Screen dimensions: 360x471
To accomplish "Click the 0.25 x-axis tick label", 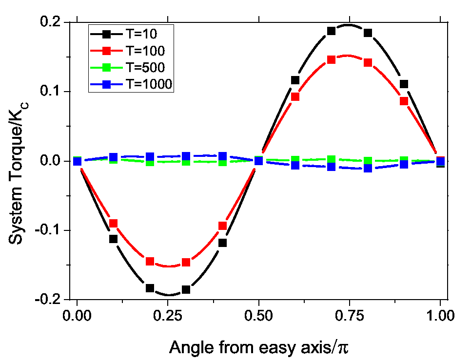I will (168, 315).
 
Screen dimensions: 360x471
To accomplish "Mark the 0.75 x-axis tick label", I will (350, 315).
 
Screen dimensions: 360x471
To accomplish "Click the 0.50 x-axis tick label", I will (259, 315).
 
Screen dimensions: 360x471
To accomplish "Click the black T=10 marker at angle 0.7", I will (332, 31).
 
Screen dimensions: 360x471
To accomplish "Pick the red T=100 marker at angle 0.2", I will (150, 262).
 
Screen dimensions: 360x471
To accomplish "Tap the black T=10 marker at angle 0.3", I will (186, 290).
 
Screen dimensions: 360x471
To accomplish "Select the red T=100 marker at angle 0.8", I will (368, 62).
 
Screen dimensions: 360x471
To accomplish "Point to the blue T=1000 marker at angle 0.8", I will (368, 168).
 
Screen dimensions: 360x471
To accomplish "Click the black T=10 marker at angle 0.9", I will (404, 84).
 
